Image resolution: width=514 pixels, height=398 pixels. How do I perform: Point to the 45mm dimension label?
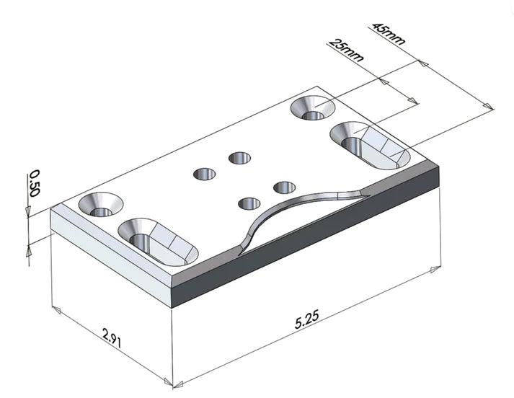pyautogui.click(x=387, y=34)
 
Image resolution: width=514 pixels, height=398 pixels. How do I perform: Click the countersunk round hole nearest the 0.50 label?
pyautogui.click(x=100, y=206)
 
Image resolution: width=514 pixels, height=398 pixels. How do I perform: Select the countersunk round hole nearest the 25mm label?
pyautogui.click(x=313, y=109)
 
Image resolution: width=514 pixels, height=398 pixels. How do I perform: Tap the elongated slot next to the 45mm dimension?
pyautogui.click(x=370, y=145)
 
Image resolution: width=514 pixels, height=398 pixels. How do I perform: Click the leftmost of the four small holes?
pyautogui.click(x=205, y=174)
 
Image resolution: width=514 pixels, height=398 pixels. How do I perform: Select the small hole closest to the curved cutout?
pyautogui.click(x=249, y=203)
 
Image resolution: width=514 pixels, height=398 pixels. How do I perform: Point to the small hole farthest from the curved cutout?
pyautogui.click(x=239, y=157)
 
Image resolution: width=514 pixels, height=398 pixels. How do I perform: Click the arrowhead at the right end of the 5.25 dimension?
pyautogui.click(x=433, y=270)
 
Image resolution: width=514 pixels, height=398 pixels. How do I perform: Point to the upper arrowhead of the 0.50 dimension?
pyautogui.click(x=27, y=211)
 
